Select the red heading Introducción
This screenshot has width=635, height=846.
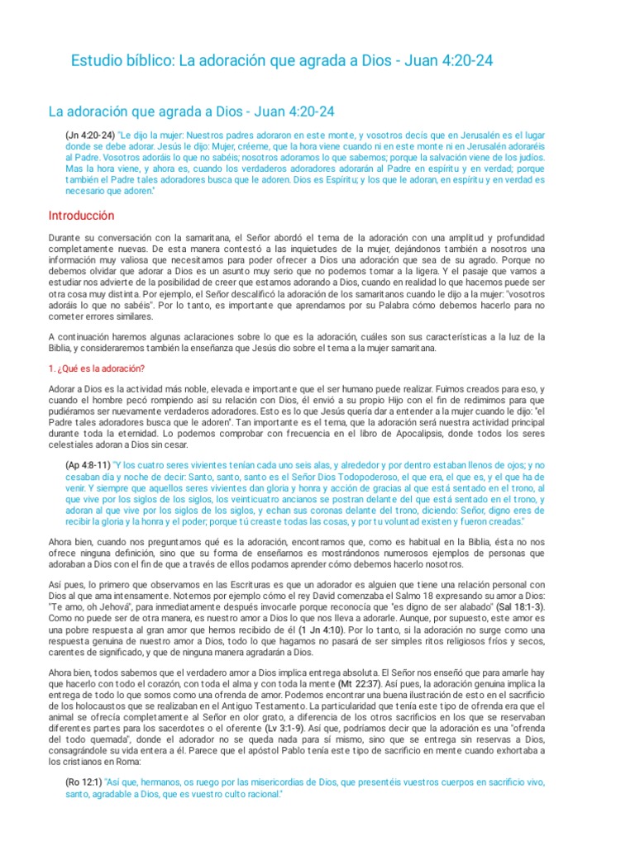(x=81, y=216)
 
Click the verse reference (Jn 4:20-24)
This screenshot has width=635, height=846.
(x=89, y=134)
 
